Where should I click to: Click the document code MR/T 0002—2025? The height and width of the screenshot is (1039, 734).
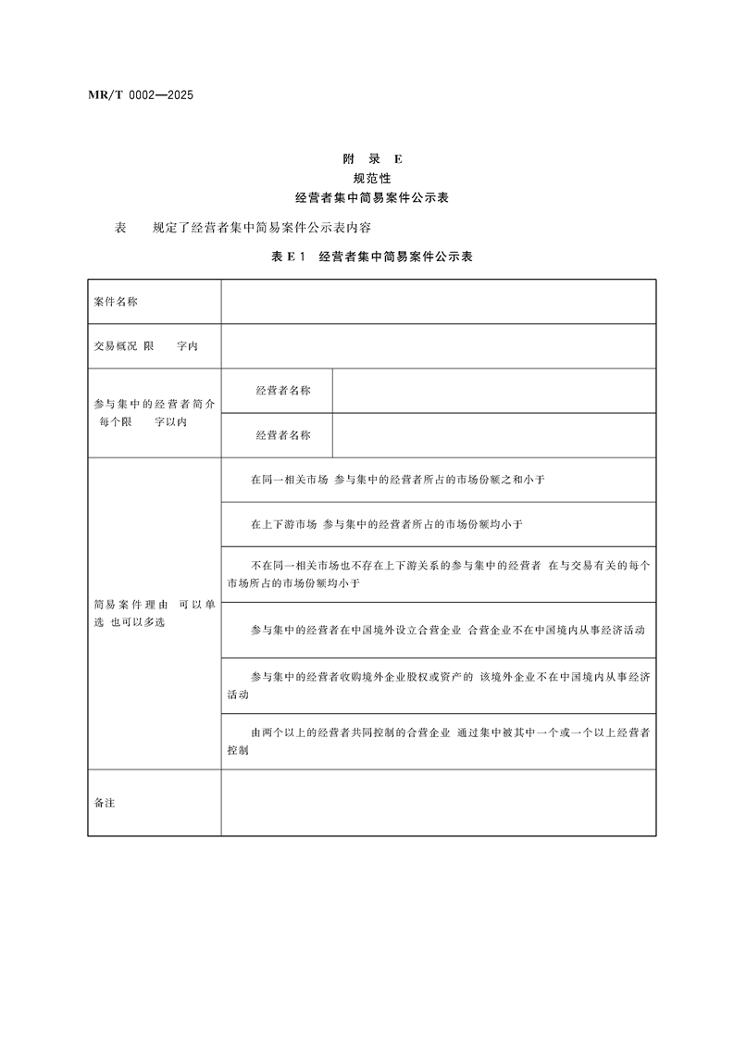[x=128, y=95]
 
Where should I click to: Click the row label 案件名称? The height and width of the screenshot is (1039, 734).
[x=117, y=302]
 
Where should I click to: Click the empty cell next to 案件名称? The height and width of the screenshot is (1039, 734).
[x=438, y=302]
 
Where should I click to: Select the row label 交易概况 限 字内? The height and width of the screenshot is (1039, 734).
[x=145, y=345]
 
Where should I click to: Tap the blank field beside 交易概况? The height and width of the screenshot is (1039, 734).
[x=438, y=345]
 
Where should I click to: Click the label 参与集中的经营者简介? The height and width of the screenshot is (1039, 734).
[x=154, y=405]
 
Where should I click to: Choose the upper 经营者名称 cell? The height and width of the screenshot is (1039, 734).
[x=283, y=390]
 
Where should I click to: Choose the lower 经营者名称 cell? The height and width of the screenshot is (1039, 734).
[x=283, y=434]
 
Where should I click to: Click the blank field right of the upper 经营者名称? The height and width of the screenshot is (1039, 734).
[x=493, y=390]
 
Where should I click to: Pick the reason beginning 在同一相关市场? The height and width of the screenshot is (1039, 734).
[x=398, y=480]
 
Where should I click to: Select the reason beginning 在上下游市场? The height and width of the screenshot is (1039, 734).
[x=387, y=524]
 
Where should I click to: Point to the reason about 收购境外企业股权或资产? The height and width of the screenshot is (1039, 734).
[x=438, y=685]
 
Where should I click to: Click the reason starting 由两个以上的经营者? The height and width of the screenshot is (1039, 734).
[x=438, y=741]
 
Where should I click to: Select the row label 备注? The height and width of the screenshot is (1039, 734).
[x=105, y=802]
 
